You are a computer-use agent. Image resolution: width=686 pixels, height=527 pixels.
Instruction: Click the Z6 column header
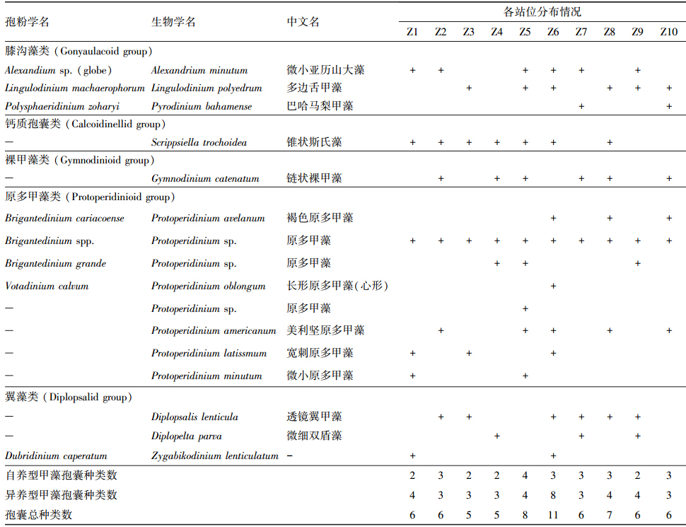(553, 32)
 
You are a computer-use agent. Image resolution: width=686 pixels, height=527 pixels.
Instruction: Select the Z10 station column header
(668, 32)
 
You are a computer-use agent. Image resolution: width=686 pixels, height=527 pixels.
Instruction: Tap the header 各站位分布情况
(542, 12)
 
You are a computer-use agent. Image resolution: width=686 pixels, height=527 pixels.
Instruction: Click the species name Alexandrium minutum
(199, 70)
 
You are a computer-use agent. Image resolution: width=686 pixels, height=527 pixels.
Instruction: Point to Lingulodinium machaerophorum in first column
(74, 88)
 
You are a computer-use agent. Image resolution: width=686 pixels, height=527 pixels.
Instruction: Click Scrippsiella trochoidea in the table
(199, 142)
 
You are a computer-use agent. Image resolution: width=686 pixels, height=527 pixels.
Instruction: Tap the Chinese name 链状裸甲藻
(314, 178)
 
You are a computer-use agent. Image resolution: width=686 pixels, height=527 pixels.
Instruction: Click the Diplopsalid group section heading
(67, 398)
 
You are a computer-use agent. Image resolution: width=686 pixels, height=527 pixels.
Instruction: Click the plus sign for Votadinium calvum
(553, 286)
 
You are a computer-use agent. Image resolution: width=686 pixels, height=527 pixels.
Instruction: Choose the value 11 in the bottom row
(553, 515)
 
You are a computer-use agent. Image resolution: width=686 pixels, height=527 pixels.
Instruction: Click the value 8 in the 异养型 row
(553, 495)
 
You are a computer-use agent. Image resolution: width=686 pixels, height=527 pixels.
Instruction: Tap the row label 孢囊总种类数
(39, 515)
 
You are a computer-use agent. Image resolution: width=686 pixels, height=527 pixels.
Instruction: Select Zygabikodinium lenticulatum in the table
(215, 456)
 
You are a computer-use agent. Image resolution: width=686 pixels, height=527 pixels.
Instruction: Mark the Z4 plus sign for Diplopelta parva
(496, 436)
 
